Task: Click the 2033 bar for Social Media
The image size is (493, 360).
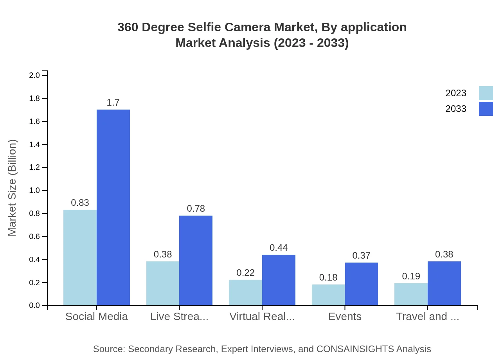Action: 113,207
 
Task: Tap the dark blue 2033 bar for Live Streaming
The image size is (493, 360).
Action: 196,260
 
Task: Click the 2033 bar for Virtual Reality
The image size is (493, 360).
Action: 279,280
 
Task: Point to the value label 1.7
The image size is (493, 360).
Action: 113,103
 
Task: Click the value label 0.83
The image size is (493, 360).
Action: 80,203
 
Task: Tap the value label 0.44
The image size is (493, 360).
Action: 279,248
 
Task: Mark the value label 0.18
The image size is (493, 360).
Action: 328,277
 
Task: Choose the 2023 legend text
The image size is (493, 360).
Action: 456,93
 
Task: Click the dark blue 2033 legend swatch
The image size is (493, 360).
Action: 486,109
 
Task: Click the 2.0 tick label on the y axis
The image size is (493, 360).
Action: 35,75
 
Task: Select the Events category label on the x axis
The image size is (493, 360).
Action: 345,317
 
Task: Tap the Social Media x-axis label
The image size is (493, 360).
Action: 97,317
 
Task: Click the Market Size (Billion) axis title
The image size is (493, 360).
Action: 13,188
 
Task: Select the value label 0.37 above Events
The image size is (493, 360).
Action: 361,256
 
